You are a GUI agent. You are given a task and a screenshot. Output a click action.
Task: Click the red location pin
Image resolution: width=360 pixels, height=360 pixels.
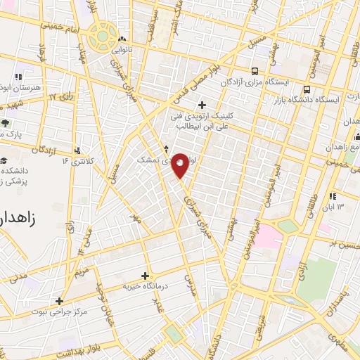coord(181,165)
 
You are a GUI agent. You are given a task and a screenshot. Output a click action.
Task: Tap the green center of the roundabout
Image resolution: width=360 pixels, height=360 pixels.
coord(103,34)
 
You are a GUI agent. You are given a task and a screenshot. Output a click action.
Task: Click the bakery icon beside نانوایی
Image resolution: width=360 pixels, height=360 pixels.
coord(123,39)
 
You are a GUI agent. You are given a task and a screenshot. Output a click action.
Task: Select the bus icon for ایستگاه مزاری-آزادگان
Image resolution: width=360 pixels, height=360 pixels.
coord(254,70)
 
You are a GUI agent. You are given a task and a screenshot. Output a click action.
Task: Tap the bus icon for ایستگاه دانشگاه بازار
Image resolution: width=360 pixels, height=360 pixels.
coord(307,89)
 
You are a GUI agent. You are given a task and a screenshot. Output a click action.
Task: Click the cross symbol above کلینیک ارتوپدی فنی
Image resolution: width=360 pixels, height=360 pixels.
coord(202,105)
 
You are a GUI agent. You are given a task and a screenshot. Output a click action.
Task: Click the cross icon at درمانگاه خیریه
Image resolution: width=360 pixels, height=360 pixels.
coord(146,276)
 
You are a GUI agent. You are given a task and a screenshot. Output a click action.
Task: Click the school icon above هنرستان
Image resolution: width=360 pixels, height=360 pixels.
coord(19,76)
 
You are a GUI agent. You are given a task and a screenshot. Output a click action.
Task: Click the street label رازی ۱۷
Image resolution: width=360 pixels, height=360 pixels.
coord(63,96)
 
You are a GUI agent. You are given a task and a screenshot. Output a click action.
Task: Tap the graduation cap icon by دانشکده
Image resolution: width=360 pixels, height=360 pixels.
coord(4,160)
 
